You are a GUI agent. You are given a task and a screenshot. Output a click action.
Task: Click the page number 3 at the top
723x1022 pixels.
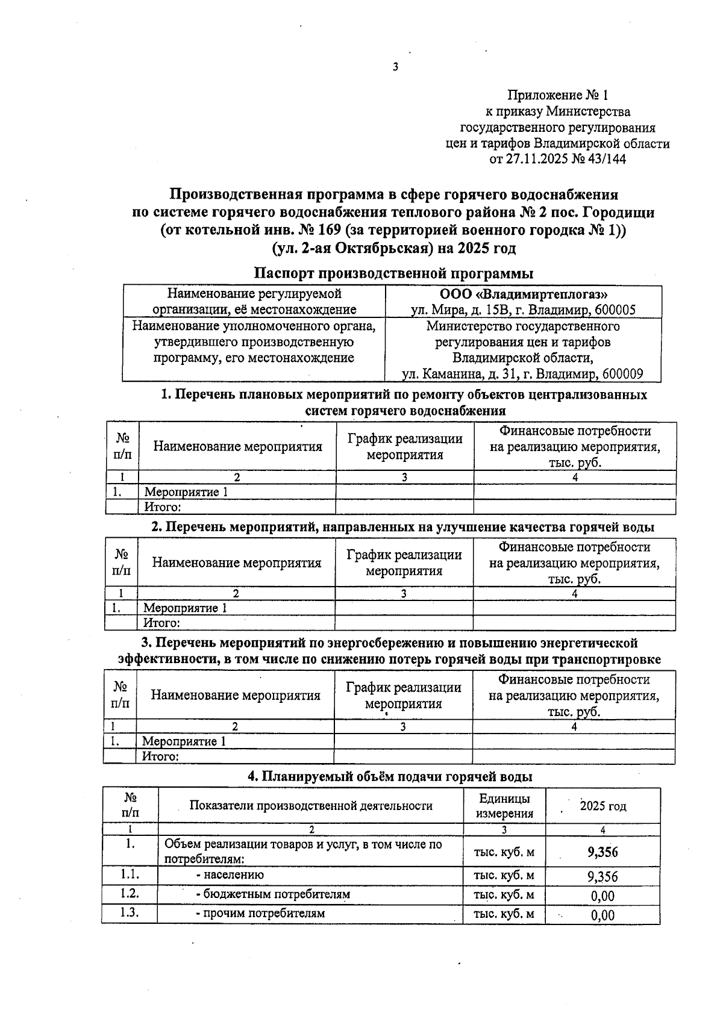(395, 67)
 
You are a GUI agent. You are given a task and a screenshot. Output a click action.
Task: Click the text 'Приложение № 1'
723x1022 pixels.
(558, 95)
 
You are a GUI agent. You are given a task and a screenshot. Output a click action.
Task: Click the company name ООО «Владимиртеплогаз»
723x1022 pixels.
(524, 294)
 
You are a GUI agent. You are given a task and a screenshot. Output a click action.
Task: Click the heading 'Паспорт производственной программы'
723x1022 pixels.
(393, 273)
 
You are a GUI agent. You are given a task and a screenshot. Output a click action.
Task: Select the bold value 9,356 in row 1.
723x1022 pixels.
(602, 852)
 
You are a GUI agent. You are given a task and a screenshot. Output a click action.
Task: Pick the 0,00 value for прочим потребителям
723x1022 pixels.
(602, 915)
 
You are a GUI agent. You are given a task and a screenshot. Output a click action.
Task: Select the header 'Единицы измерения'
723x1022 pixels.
(504, 806)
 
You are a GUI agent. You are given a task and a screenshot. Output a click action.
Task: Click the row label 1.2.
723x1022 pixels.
(130, 894)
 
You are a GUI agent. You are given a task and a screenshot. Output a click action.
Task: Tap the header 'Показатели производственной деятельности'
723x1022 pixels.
(311, 806)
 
